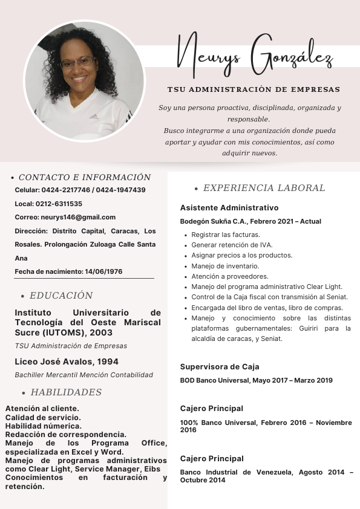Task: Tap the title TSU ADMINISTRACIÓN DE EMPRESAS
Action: click(x=254, y=89)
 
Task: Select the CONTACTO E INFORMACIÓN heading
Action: click(x=85, y=178)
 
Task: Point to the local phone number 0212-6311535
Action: click(x=59, y=204)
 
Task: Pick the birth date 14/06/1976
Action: click(x=103, y=271)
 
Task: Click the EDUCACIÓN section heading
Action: click(x=61, y=296)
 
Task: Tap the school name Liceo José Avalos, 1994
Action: click(x=67, y=361)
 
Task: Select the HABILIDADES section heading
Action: click(x=66, y=392)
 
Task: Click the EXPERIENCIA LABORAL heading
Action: click(x=264, y=188)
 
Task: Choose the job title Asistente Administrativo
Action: click(x=229, y=207)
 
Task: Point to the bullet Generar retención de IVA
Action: click(x=232, y=245)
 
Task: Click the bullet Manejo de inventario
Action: click(x=225, y=266)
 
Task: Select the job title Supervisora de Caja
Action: click(x=220, y=366)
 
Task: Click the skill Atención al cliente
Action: click(x=42, y=409)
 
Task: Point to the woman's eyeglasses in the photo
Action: click(x=78, y=62)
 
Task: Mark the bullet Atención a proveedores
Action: click(x=229, y=276)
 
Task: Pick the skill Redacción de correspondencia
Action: click(x=66, y=434)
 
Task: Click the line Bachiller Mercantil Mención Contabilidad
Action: click(x=84, y=375)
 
